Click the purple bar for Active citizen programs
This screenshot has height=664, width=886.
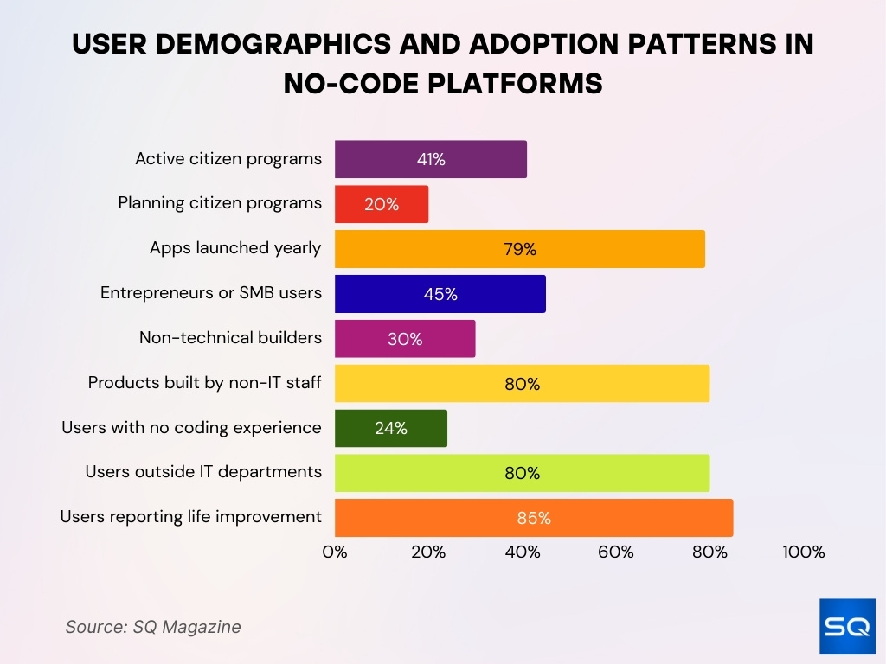(x=430, y=159)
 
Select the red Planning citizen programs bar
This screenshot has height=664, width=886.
(x=381, y=204)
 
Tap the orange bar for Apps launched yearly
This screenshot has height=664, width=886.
(x=519, y=249)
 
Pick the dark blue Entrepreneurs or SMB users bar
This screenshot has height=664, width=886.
(x=440, y=294)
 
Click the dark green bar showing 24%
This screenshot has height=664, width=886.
(x=390, y=428)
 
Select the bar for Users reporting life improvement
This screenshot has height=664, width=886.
(x=533, y=518)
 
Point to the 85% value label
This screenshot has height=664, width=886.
(x=534, y=518)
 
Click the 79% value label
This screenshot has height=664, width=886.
(x=520, y=249)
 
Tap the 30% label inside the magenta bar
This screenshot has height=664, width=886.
(x=405, y=339)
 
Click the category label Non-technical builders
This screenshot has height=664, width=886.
(x=230, y=337)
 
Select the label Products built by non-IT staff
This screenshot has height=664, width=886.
(x=204, y=382)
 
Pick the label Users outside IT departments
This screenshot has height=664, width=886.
(x=203, y=471)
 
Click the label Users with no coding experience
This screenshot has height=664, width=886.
(x=191, y=427)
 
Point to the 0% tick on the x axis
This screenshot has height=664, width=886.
(x=335, y=552)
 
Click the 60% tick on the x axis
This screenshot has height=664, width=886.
(x=616, y=552)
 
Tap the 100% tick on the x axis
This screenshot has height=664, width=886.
(x=803, y=552)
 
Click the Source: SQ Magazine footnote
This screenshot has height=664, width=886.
(x=153, y=627)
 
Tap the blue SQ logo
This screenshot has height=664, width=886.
(x=847, y=626)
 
